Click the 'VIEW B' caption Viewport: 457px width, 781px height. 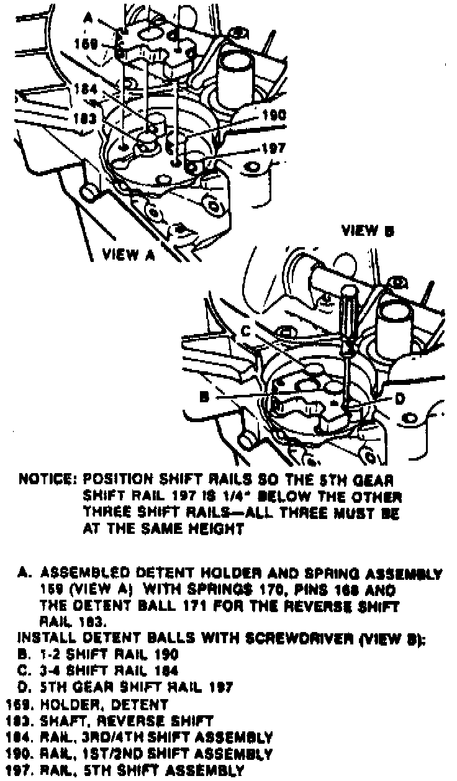pyautogui.click(x=368, y=231)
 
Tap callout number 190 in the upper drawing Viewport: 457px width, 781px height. pyautogui.click(x=273, y=115)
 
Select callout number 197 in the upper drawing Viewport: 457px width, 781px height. pyautogui.click(x=273, y=148)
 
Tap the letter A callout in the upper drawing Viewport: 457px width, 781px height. pyautogui.click(x=88, y=19)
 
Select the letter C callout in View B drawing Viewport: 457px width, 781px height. pyautogui.click(x=246, y=332)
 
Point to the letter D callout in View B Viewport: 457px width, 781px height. pyautogui.click(x=400, y=397)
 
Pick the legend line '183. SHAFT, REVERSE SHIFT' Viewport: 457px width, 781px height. pyautogui.click(x=109, y=721)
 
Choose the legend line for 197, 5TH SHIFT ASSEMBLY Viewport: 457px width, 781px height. pyautogui.click(x=124, y=771)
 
